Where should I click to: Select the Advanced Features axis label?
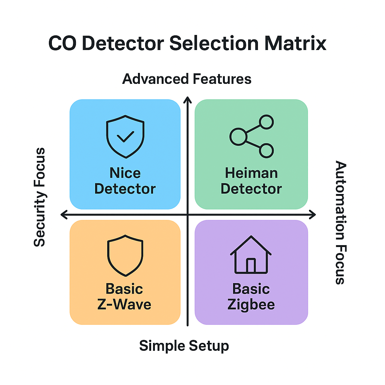187,79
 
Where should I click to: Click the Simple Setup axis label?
184,346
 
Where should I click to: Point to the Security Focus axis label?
39,197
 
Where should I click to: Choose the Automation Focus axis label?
340,223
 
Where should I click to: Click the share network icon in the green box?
252,136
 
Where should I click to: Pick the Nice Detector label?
125,181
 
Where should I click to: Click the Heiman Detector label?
251,181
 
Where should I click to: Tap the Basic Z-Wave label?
124,296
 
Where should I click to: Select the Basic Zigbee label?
251,296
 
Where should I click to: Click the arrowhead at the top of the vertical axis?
187,100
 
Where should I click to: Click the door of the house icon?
251,265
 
